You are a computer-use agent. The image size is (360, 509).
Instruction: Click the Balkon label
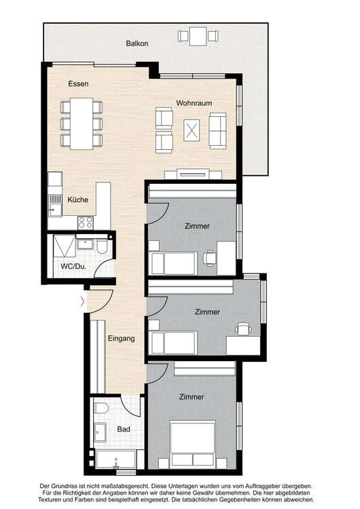coord(137,43)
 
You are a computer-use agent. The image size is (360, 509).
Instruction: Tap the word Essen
coord(78,84)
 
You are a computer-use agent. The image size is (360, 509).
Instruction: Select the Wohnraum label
coord(194,103)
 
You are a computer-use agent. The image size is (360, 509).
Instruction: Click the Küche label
coord(77,200)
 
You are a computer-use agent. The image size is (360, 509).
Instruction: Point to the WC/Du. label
coord(72,266)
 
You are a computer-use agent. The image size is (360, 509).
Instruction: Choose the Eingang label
coord(121,337)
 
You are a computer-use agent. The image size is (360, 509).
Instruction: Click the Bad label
coord(123,429)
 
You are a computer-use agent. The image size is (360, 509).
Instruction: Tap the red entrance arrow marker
coord(84,301)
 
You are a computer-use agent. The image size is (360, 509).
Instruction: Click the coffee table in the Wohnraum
coord(192,128)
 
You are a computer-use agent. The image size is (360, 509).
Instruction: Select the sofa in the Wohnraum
coord(217,130)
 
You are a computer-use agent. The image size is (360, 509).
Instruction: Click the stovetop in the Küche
coord(86,221)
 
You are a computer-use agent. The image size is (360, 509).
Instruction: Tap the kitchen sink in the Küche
coord(54,201)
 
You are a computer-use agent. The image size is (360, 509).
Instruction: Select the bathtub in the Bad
coord(116,461)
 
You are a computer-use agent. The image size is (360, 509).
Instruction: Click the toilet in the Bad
coord(101,409)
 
